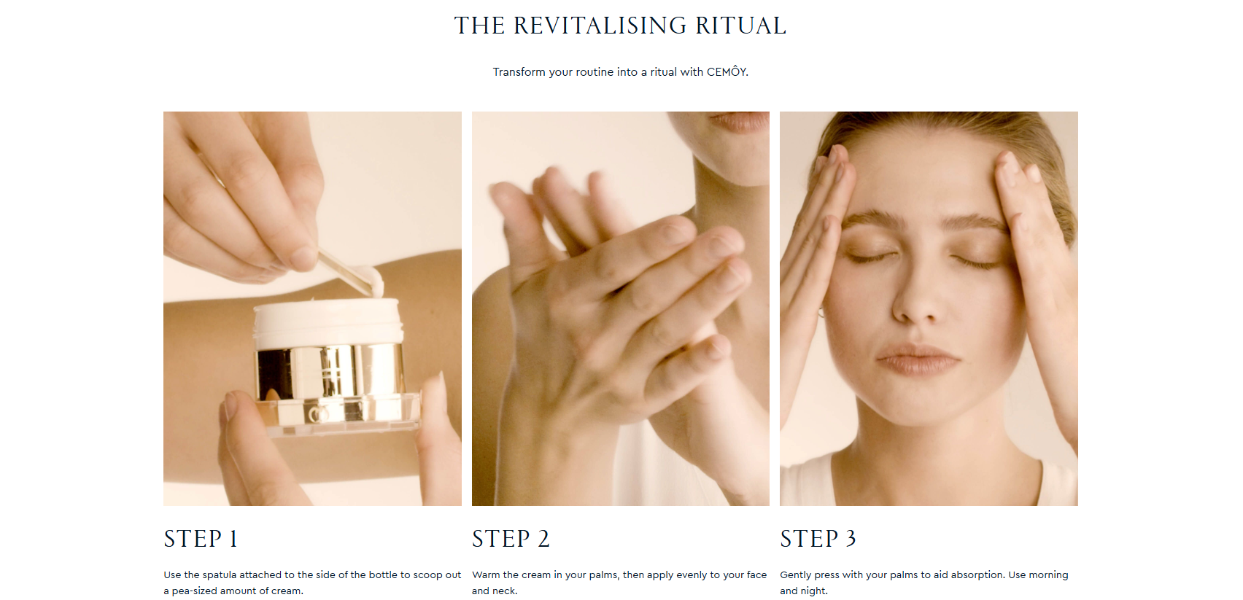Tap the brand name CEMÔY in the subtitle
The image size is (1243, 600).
point(726,71)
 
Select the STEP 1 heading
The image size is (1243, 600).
point(201,539)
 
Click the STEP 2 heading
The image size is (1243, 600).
point(511,539)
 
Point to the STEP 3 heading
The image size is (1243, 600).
point(818,539)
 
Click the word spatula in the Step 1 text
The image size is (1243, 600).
point(219,575)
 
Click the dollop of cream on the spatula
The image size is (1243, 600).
point(370,280)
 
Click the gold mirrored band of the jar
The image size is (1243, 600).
point(330,373)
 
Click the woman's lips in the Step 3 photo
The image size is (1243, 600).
point(917,359)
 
